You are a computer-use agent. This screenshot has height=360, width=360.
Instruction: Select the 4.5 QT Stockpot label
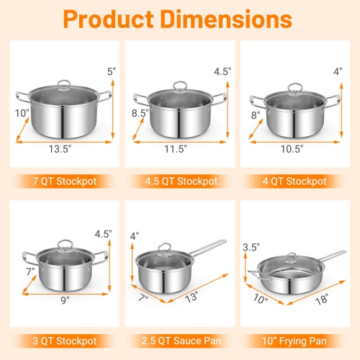coord(179,181)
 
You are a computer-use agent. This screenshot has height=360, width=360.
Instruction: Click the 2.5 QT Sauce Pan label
coord(179,339)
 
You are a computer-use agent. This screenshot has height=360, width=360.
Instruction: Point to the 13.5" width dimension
coord(63,149)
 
